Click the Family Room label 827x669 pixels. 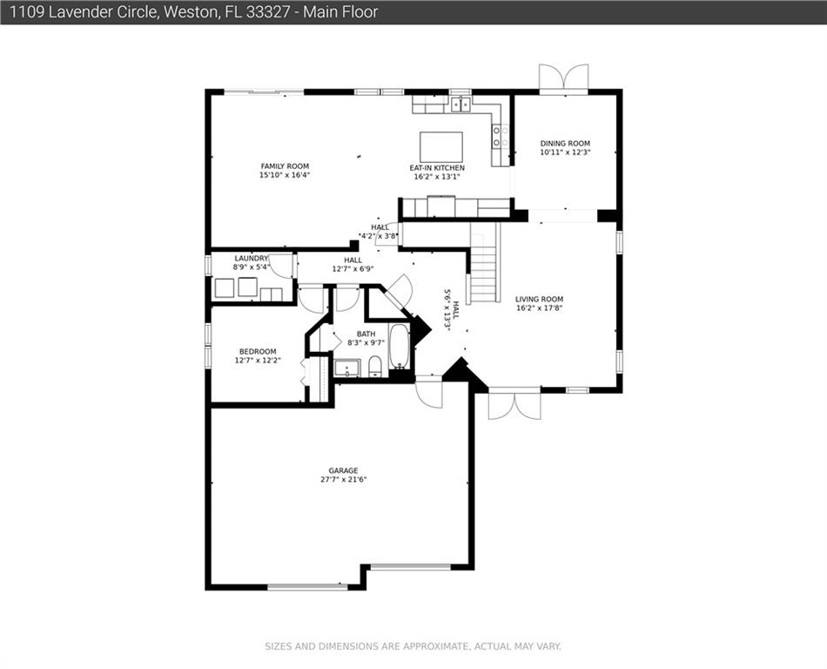point(285,166)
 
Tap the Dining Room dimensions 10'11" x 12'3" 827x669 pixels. point(565,152)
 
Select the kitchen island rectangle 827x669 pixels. point(441,146)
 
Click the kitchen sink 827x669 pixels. point(461,105)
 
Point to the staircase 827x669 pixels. point(484,262)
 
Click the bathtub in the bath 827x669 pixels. point(400,346)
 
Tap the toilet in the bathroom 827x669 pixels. point(375,366)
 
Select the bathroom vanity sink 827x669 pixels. point(347,368)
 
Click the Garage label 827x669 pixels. point(343,470)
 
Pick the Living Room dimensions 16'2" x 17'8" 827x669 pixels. point(539,307)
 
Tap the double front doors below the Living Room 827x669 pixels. point(514,405)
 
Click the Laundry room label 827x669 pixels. point(251,259)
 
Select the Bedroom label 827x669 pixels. point(258,352)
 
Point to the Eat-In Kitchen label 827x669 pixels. point(437,168)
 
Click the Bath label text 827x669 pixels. point(366,334)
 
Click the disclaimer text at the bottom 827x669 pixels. point(413,646)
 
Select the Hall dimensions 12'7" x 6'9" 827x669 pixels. point(353,268)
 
